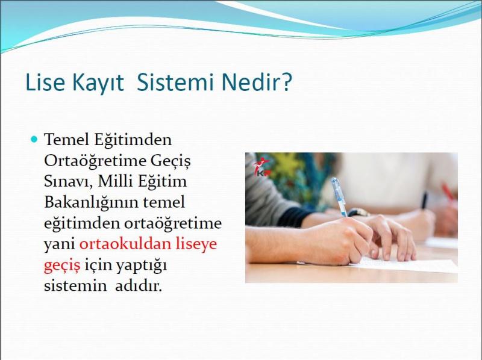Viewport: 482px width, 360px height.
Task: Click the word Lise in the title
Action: point(45,82)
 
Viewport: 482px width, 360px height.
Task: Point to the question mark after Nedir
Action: point(286,82)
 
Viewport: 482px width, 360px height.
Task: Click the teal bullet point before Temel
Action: point(34,140)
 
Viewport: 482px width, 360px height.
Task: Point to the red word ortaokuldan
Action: point(125,244)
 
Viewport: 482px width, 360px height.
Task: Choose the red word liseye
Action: point(196,245)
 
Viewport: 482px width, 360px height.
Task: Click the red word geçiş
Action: point(62,266)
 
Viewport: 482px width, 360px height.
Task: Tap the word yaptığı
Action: point(142,266)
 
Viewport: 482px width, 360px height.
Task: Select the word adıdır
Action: point(139,286)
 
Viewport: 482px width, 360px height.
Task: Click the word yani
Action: point(59,245)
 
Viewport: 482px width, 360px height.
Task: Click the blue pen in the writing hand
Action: point(339,197)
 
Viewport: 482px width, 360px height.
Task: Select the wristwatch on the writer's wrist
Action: point(358,213)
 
